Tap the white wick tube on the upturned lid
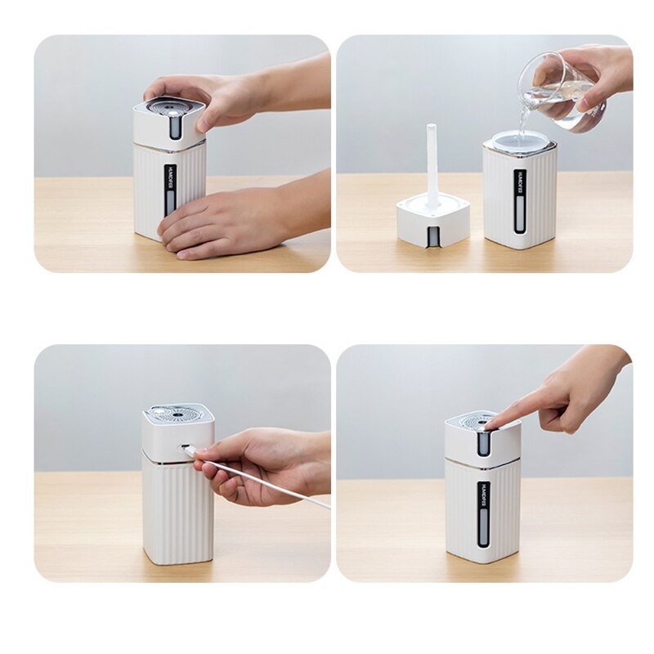(432, 163)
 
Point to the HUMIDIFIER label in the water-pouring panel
(520, 183)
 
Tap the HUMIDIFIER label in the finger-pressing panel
(484, 495)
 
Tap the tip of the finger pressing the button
(491, 424)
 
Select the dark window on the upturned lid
(432, 236)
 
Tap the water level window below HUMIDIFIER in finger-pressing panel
(484, 532)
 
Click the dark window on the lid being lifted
(174, 127)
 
